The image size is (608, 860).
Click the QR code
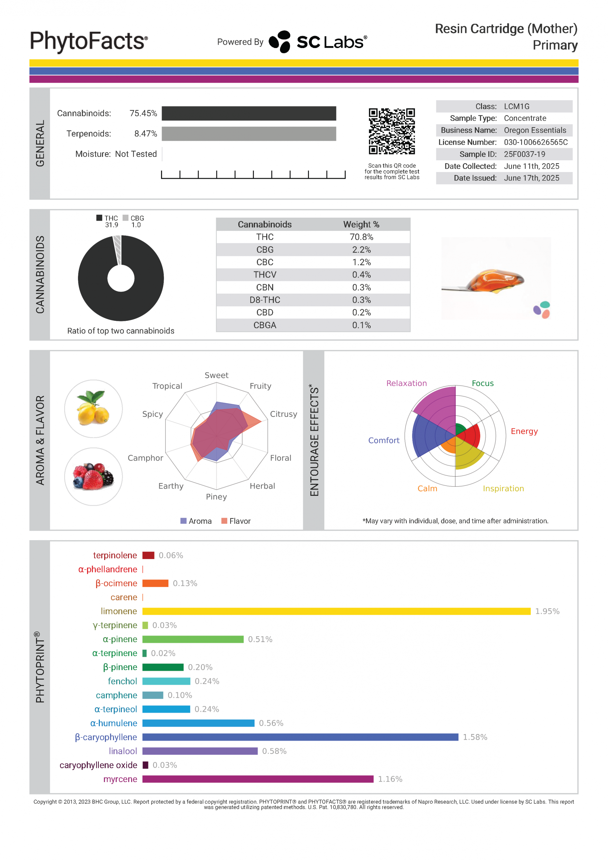coord(392,131)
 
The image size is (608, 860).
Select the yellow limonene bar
coord(336,611)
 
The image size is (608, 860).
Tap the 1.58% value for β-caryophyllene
coord(475,737)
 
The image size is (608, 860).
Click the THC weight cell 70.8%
coord(361,237)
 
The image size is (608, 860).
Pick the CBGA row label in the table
coord(265,325)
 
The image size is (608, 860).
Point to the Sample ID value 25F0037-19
coord(524,154)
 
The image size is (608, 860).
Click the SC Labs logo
coord(318,42)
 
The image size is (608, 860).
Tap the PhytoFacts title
coord(89,41)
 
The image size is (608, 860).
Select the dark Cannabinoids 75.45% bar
coord(249,114)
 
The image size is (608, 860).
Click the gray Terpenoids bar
coord(249,134)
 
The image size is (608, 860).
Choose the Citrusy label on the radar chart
coord(283,414)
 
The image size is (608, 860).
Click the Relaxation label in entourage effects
coord(406,383)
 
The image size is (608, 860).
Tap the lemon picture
coord(93,408)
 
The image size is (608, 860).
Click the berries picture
coord(93,476)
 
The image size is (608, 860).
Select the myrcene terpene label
coord(120,779)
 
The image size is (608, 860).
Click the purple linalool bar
coord(200,751)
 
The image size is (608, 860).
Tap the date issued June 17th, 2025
coord(531,178)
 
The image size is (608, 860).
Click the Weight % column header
coord(361,224)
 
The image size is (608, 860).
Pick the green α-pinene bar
coord(193,639)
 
